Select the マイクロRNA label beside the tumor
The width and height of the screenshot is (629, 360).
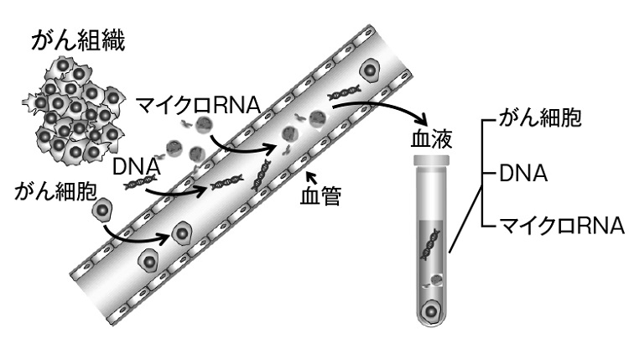pos(200,105)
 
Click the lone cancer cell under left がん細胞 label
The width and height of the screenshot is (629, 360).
pos(103,209)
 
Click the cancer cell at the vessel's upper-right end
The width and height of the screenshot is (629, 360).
pos(368,71)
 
